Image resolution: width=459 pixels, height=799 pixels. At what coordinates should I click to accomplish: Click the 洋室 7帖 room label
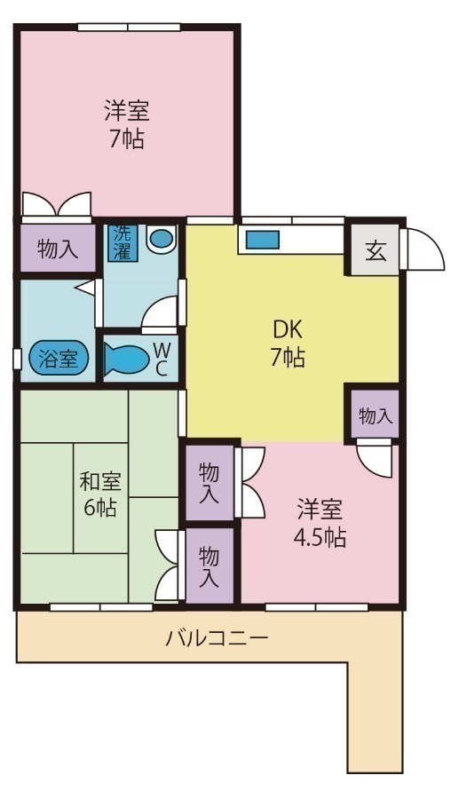pos(126,124)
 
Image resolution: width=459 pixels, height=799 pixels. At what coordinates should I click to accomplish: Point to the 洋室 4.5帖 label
pos(321,524)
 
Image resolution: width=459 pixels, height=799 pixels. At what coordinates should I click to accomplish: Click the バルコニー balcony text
pos(217,637)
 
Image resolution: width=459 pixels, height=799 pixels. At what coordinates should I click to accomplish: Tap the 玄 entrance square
pos(376,251)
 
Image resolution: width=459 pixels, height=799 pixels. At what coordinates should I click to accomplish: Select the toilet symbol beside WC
pos(130,359)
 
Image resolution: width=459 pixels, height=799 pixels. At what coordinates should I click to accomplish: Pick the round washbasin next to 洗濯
pos(162,239)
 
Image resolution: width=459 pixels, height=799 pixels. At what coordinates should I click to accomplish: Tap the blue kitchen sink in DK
pos(263,240)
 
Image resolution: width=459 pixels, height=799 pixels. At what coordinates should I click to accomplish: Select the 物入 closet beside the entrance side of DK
pos(373,415)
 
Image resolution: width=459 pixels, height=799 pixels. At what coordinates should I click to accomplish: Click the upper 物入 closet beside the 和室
pos(210,483)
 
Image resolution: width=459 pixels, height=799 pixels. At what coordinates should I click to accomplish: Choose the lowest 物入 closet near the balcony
pos(210,566)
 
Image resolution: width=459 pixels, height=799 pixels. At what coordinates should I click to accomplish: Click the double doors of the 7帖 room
pos(56,205)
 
